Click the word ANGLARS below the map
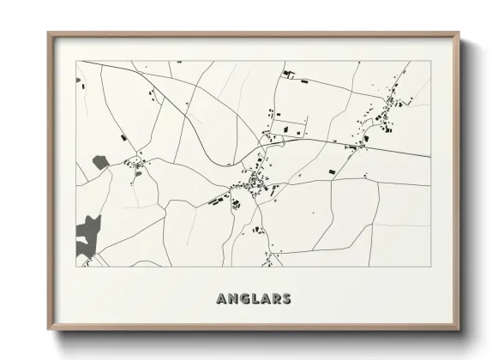point(254,299)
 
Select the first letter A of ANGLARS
point(223,299)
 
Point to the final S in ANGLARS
point(286,299)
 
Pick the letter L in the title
point(255,299)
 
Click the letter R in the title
point(276,299)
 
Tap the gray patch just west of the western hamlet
point(100,161)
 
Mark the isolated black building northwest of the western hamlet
point(123,136)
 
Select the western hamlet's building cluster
point(135,164)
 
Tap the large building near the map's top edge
point(289,74)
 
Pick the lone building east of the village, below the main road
point(330,171)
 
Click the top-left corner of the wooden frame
point(49,34)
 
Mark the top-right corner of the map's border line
point(430,62)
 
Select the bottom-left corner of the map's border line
point(77,267)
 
